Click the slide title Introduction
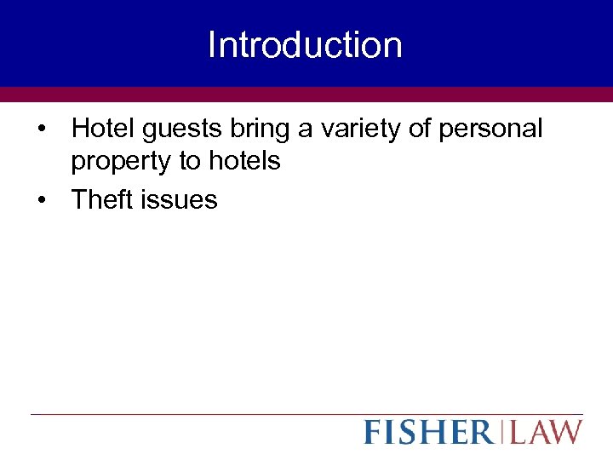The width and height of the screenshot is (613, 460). coord(305,45)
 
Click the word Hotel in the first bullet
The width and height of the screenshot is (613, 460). coord(97,129)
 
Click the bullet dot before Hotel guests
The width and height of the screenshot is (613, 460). coord(42,130)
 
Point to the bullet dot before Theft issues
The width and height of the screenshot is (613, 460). coord(42,201)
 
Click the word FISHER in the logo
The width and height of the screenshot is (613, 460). coord(428,432)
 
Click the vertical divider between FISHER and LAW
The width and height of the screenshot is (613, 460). coord(501,432)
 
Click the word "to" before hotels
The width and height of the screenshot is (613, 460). coord(190,161)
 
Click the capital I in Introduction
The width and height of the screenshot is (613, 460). coord(211,45)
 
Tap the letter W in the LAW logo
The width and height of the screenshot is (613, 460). coord(566,432)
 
